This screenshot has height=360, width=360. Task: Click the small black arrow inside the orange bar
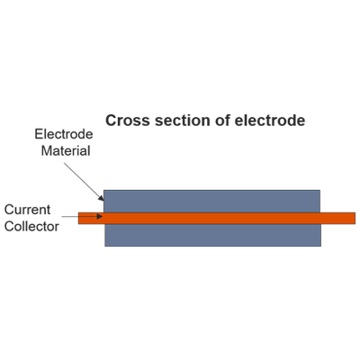click(91, 218)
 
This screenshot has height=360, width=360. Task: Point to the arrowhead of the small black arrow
click(101, 218)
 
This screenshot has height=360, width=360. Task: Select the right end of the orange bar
click(354, 218)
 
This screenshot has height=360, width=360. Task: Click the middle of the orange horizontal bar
click(216, 218)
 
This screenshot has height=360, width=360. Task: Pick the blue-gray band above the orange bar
click(214, 200)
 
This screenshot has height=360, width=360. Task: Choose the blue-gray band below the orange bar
click(214, 235)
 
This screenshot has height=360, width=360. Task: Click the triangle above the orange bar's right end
click(334, 202)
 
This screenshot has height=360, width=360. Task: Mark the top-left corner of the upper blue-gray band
click(106, 190)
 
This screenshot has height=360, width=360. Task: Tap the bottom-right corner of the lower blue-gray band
click(322, 246)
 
